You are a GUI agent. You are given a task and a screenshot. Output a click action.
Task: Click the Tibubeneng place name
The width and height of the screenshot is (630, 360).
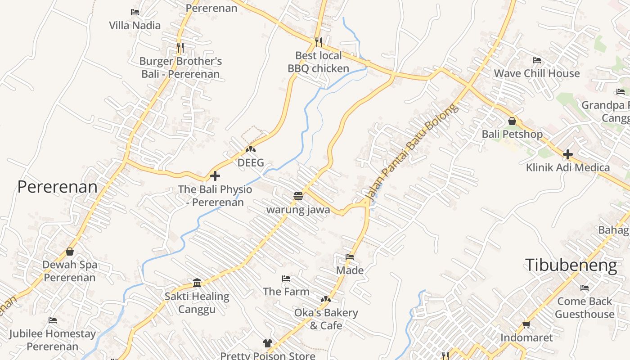coord(571,265)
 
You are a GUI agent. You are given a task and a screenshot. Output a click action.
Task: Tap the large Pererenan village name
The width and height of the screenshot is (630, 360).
coord(57,187)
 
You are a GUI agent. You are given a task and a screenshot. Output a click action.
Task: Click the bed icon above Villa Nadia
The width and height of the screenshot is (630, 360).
coord(135,12)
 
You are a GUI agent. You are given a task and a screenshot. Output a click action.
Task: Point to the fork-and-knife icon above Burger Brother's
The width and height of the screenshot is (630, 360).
coord(180,47)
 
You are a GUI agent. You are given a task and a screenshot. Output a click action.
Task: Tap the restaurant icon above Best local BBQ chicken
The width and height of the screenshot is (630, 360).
coord(319,42)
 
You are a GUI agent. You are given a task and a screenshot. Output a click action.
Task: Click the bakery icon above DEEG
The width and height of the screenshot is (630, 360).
coord(251,149)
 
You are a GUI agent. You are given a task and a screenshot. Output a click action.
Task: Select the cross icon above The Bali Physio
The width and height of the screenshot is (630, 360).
coord(215,176)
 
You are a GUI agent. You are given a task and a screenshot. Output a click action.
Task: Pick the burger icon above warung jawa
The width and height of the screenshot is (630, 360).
coord(298,196)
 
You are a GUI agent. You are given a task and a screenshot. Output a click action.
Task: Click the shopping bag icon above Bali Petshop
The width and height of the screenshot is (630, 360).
coord(512,121)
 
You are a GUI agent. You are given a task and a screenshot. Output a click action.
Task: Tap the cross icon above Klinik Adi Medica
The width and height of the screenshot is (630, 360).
coord(568,154)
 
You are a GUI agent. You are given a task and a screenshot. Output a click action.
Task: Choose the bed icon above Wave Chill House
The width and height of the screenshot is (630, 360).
coord(537,60)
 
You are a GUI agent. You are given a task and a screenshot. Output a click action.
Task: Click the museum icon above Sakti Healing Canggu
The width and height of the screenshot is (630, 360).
coord(197,283)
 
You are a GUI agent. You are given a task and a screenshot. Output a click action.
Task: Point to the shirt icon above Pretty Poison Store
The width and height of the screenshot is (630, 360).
coord(268,343)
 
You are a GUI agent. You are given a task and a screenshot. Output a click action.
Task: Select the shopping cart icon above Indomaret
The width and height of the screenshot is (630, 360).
coord(526,324)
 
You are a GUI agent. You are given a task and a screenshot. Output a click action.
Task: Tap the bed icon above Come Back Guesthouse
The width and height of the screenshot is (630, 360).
coord(585,288)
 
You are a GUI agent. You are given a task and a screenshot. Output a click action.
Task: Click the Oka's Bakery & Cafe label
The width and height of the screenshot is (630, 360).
coord(326,319)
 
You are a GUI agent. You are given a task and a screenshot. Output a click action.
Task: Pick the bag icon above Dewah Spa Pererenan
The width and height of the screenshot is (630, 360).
coord(70,252)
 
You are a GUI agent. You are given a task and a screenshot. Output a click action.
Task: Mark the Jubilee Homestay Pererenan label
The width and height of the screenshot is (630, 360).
coord(53,340)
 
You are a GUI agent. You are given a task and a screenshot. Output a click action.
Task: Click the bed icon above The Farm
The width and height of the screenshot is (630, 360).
coord(286,279)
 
